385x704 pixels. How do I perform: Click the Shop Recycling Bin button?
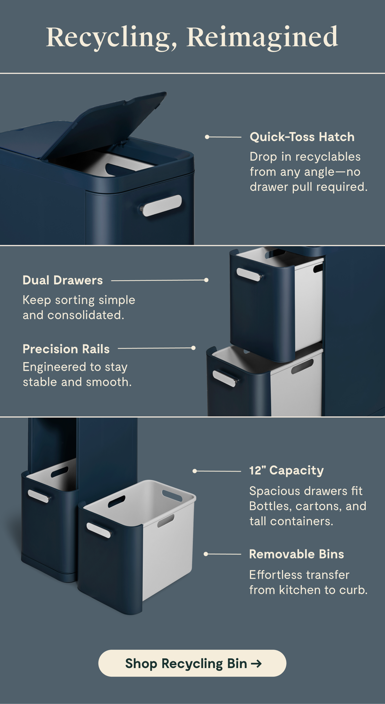(x=192, y=663)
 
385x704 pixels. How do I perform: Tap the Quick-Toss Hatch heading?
(x=302, y=137)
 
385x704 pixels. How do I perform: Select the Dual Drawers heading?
(x=63, y=280)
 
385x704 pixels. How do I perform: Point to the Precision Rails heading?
(x=66, y=349)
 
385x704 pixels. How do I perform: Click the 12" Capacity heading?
(x=287, y=470)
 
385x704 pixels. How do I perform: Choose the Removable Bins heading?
(x=296, y=554)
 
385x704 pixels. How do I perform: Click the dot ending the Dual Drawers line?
(x=206, y=280)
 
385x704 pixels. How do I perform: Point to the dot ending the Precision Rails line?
(x=193, y=348)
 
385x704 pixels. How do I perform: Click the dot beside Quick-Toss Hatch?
(x=207, y=137)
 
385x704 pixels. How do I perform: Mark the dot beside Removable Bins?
(x=206, y=554)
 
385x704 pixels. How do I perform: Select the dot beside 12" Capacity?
(x=195, y=471)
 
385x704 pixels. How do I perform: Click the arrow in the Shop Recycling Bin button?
(x=256, y=664)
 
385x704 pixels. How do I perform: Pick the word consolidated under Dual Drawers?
(x=86, y=315)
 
